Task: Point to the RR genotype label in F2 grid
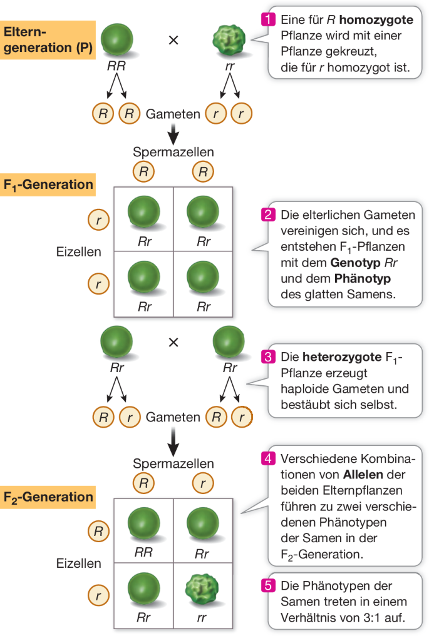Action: pyautogui.click(x=143, y=552)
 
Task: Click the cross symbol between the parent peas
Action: pyautogui.click(x=173, y=40)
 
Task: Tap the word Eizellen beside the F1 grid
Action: pyautogui.click(x=79, y=252)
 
